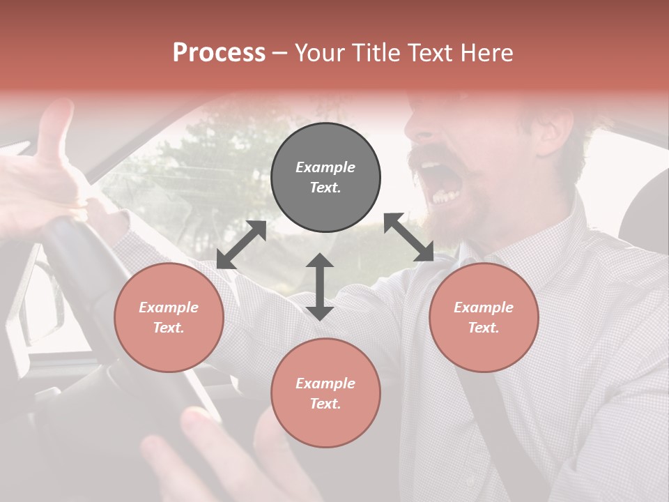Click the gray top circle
coord(325,177)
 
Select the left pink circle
coord(169,317)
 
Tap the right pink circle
coord(484,317)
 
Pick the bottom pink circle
coord(325,393)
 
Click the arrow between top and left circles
coord(241,245)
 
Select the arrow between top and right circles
coord(409,237)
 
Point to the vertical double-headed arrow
coord(320,287)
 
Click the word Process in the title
coord(219,52)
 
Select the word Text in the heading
coord(429,52)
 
